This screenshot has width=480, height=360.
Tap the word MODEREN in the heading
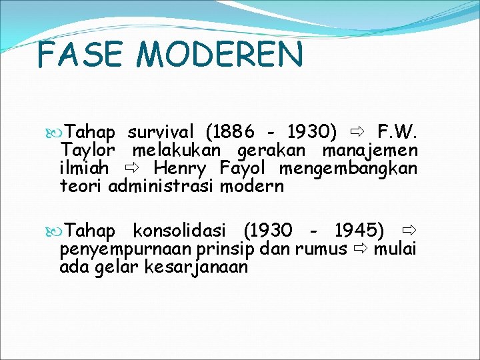pos(216,55)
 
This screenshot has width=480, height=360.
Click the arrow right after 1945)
pos(409,230)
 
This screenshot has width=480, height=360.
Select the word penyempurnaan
pos(127,249)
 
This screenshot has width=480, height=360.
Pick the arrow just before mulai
pos(361,249)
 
